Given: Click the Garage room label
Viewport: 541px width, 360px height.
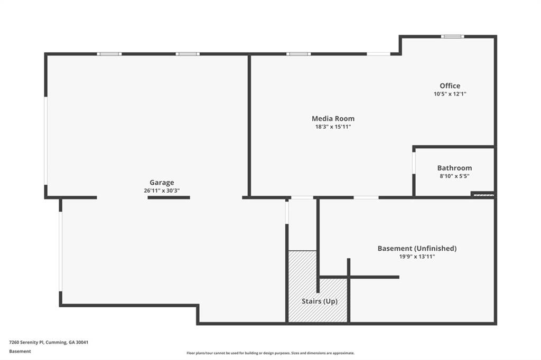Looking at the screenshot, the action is (x=162, y=183).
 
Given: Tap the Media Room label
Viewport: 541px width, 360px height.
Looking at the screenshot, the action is (x=333, y=119).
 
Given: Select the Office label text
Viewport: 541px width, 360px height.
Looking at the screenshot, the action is (x=450, y=86).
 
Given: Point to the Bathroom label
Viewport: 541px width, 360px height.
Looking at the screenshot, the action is (x=454, y=168).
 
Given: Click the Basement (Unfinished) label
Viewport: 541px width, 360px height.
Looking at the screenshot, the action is (x=417, y=248).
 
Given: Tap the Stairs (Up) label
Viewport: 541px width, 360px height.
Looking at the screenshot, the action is (x=320, y=301).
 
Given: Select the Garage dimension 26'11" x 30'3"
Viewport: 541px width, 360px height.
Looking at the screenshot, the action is (x=162, y=191).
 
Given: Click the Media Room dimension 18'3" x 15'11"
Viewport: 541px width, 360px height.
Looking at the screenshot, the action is (x=333, y=127).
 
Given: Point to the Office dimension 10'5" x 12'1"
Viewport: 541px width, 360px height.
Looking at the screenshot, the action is (x=450, y=94).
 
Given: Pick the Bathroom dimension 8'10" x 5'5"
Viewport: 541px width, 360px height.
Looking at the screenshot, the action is (x=454, y=176).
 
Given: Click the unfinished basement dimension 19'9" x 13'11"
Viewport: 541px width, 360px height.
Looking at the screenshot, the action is (x=417, y=257).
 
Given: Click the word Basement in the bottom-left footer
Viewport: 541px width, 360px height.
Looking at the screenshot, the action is (x=20, y=352).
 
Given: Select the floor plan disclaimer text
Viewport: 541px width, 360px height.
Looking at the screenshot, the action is (x=270, y=353).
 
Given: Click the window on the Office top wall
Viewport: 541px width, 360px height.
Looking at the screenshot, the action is (x=452, y=36).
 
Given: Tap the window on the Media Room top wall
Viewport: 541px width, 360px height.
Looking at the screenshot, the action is (x=299, y=54).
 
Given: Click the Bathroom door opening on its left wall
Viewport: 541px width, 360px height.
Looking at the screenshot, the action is (x=414, y=163).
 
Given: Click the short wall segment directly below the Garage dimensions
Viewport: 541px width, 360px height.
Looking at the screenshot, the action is (x=169, y=197).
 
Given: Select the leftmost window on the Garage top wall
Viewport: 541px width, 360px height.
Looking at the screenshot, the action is (x=109, y=54).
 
